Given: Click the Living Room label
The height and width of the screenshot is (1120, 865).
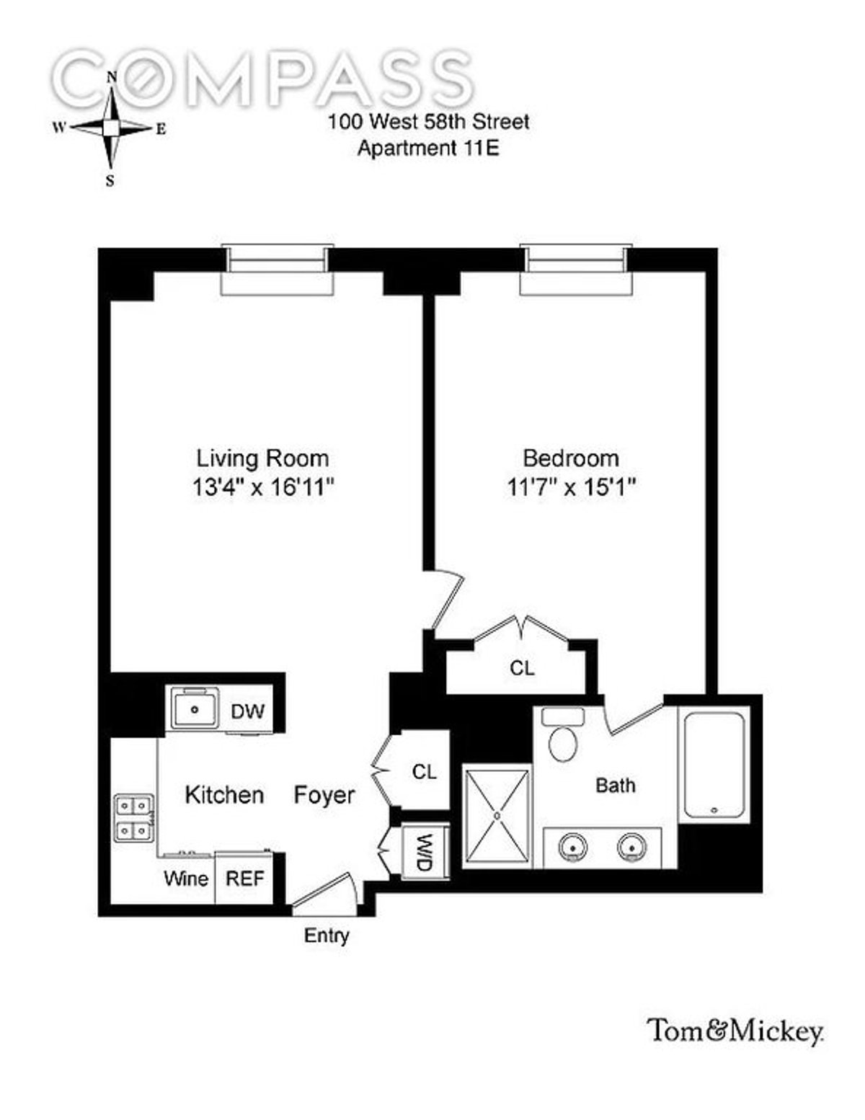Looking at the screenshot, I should coord(262,458).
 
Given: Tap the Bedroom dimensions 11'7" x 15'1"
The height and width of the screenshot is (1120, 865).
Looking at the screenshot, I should coord(570,488).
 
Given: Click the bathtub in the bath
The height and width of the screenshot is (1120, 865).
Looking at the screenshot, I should coord(714,765).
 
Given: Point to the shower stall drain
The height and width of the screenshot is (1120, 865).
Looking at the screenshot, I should coord(497,815).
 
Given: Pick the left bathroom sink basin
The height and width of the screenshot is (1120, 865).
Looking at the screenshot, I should coord(573,848).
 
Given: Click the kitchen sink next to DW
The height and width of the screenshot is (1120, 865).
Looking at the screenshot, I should coord(195,708).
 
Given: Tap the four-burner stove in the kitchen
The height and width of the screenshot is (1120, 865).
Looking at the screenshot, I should coord(134,817).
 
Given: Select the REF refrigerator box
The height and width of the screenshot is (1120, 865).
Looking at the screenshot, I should coord(244,879).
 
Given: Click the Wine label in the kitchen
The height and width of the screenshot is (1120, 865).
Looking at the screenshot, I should coord(186,879).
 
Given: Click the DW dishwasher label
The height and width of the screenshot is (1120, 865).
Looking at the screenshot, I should coord(247,711).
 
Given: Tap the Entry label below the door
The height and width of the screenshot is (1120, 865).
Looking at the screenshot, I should coord(327,935).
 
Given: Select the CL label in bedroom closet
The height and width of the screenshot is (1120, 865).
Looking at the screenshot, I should coord(522,668).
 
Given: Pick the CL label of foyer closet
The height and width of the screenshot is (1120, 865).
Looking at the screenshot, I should coord(425,772).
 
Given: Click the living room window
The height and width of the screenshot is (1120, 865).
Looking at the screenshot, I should coord(278,270).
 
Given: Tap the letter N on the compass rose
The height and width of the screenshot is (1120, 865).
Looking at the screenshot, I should coord(112,77).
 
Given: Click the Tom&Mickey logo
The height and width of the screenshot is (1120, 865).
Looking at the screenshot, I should coord(735,1031).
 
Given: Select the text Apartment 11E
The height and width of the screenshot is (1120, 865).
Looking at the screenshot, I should coord(429,148).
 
